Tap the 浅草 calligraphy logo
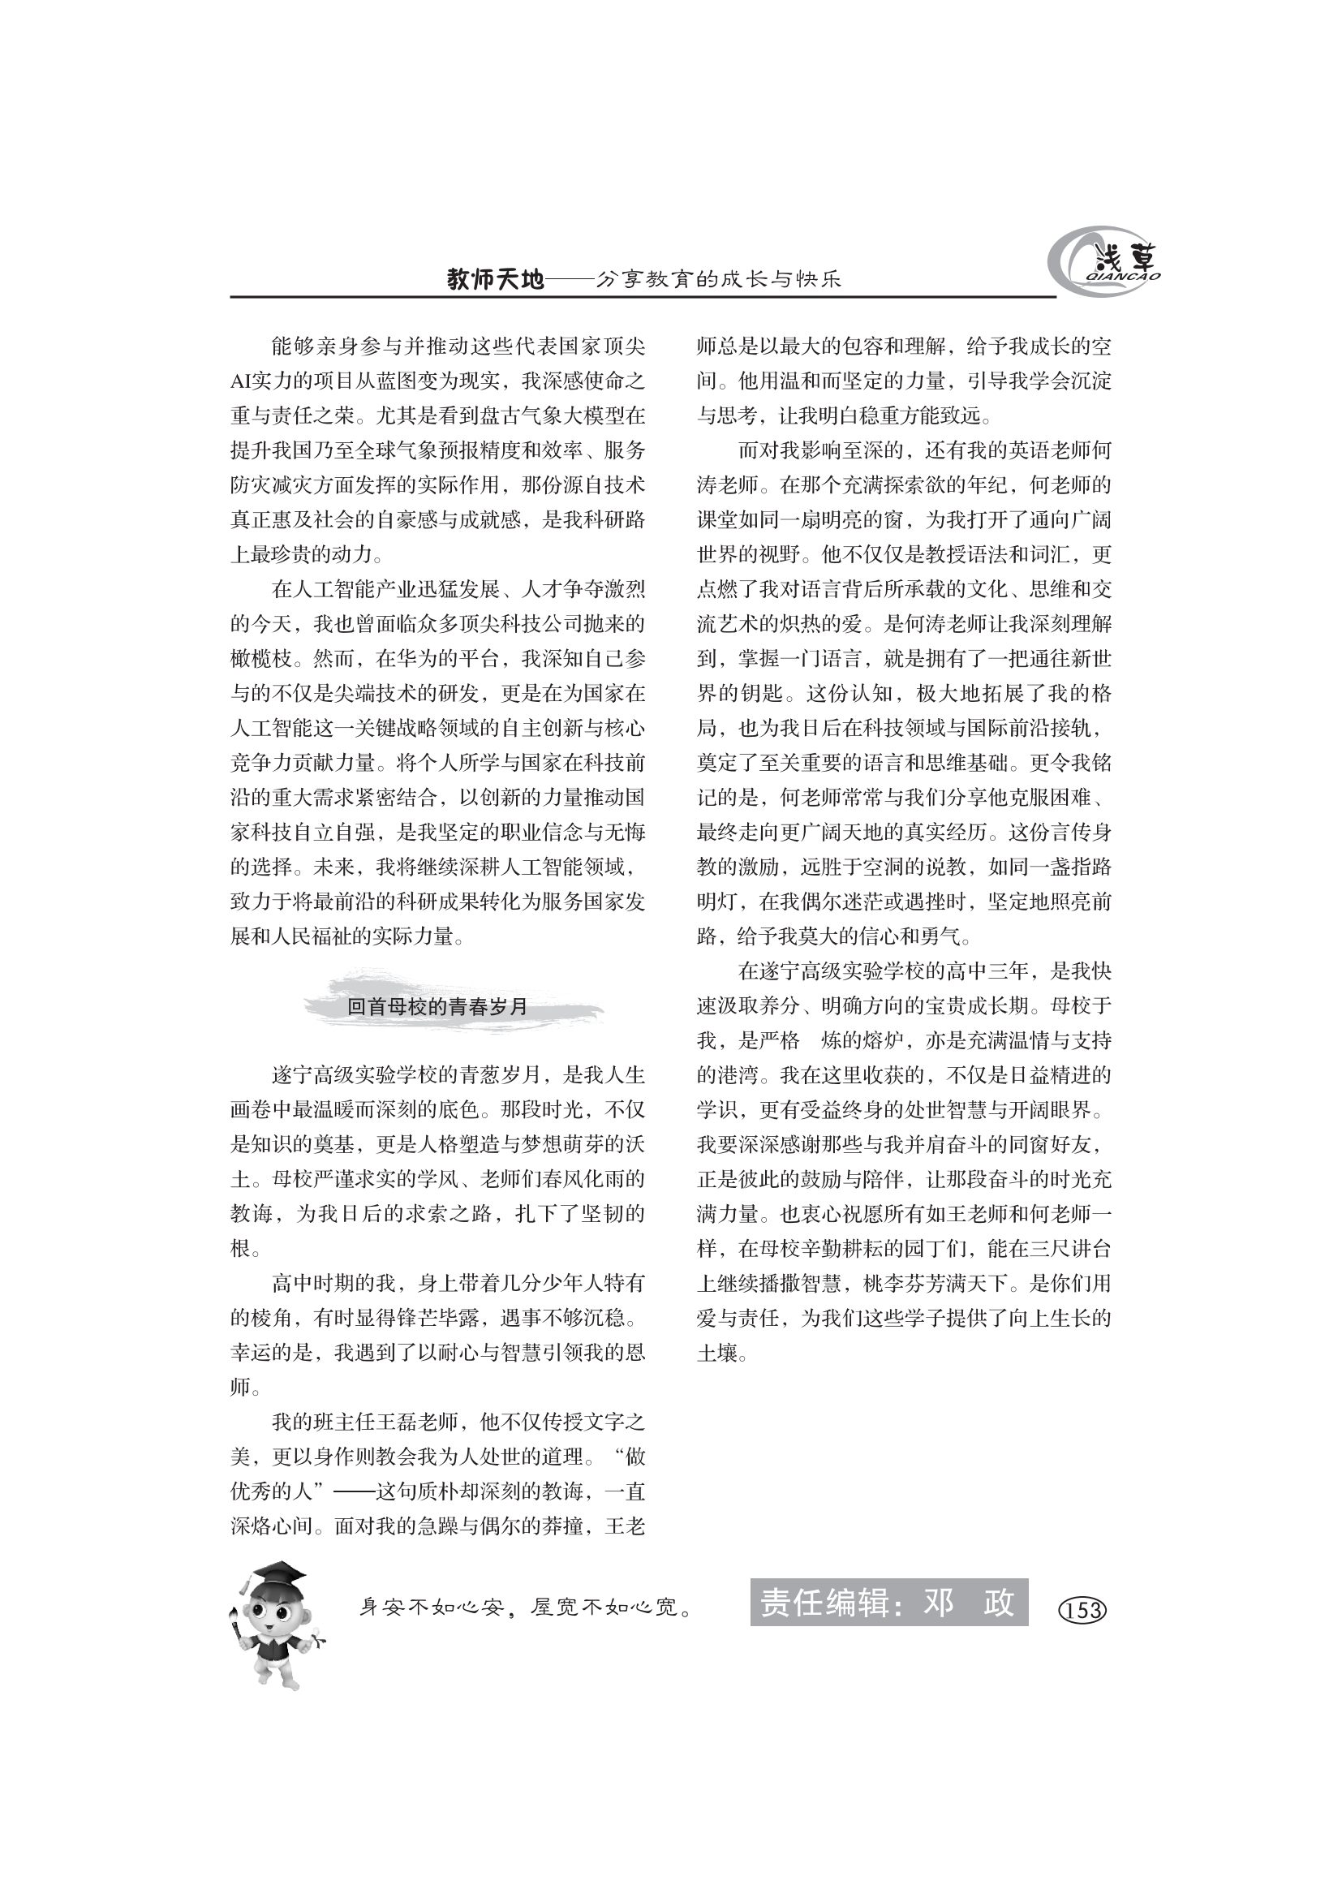1108,263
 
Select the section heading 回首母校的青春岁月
437,1007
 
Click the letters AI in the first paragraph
240,381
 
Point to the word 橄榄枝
261,659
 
